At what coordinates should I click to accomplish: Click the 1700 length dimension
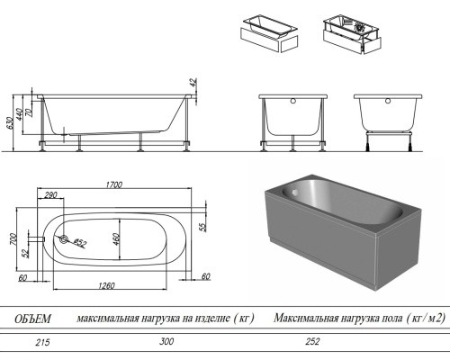[114, 184]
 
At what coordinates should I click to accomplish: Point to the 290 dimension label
[50, 195]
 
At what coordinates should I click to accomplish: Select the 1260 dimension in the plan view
[106, 285]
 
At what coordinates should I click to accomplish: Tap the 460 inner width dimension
[116, 239]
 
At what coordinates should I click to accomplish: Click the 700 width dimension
[13, 239]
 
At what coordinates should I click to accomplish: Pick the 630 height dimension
[10, 123]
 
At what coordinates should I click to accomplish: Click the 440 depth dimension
[19, 114]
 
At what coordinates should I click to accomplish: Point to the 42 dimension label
[193, 83]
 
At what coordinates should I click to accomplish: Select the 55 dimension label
[203, 227]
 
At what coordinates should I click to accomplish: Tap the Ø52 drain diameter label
[79, 242]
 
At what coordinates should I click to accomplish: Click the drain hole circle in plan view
[64, 239]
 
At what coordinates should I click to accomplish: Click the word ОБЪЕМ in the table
[32, 319]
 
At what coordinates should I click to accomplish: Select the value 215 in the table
[42, 342]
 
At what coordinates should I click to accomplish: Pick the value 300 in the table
[166, 341]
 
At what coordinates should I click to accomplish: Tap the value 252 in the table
[312, 341]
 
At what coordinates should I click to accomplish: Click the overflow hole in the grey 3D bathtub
[295, 192]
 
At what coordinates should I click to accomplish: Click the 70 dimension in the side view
[29, 112]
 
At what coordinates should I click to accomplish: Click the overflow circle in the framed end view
[293, 101]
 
